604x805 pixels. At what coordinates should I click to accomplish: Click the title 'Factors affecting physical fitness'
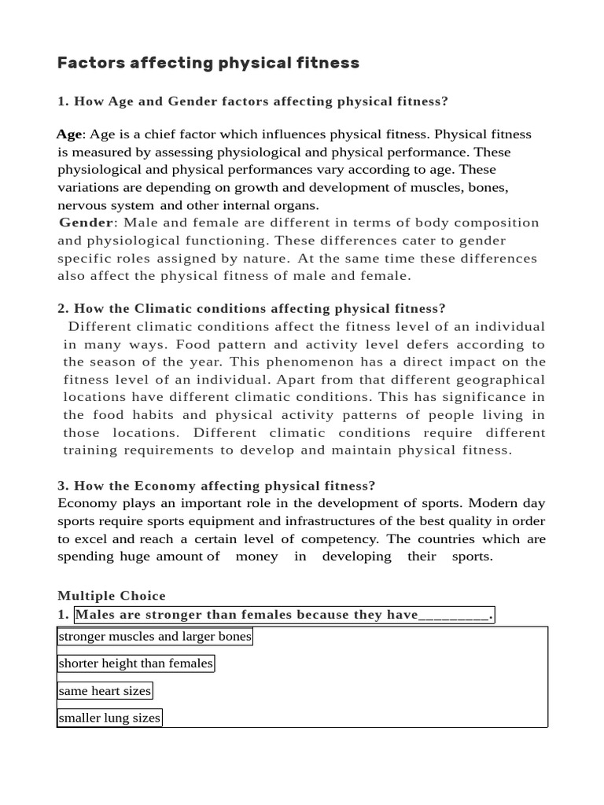(x=208, y=63)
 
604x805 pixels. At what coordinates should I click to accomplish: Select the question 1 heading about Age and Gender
(x=252, y=101)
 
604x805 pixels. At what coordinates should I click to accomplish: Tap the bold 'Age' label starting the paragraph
(x=69, y=134)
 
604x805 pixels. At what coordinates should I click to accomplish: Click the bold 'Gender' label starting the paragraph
(x=86, y=222)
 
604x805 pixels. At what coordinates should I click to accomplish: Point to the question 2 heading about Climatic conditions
(x=252, y=308)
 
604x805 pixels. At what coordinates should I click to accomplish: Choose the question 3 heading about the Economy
(x=216, y=486)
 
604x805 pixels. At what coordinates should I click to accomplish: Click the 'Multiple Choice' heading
(x=112, y=596)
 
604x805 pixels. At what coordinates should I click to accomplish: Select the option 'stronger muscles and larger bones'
(x=155, y=637)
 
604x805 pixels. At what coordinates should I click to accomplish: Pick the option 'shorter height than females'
(x=136, y=663)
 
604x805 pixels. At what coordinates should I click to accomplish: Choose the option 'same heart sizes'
(x=105, y=691)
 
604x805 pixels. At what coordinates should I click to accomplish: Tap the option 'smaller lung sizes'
(x=109, y=718)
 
